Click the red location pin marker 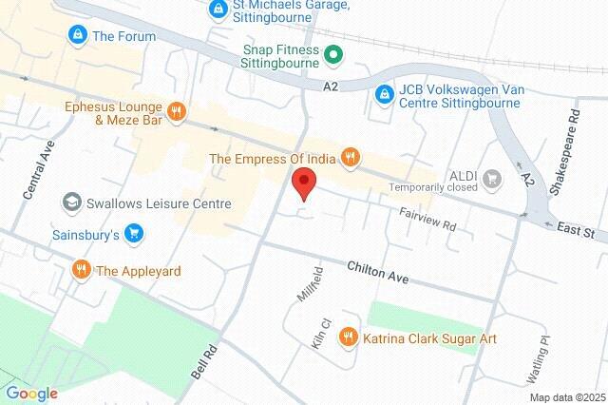tap(303, 182)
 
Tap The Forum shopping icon tap(77, 35)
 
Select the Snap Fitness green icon tap(332, 55)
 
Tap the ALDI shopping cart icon tap(491, 177)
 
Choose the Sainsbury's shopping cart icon tap(134, 233)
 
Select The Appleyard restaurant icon tap(81, 270)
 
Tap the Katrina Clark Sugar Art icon tap(349, 337)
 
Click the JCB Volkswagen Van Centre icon tap(383, 93)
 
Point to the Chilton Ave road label tap(377, 273)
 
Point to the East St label tap(576, 232)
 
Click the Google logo tap(31, 394)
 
